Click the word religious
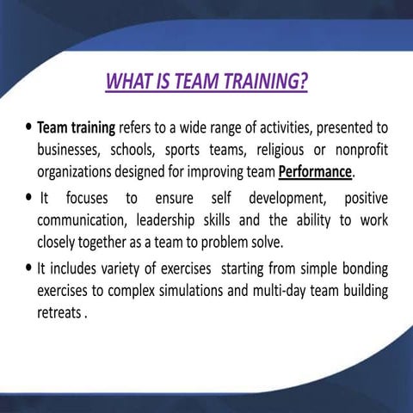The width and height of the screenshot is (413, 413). [285, 150]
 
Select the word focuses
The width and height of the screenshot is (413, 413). [89, 200]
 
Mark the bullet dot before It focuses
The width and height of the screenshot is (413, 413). [29, 200]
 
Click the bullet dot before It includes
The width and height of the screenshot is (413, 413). [29, 270]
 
